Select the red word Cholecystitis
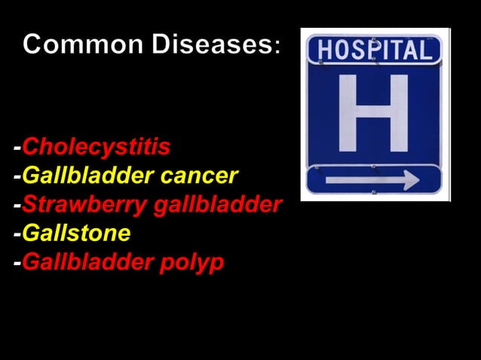click(96, 146)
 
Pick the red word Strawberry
click(84, 205)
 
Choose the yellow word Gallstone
click(76, 233)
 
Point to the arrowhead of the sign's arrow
click(411, 180)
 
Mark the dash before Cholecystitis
click(17, 148)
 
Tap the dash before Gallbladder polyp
click(17, 264)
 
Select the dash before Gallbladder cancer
click(17, 177)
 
